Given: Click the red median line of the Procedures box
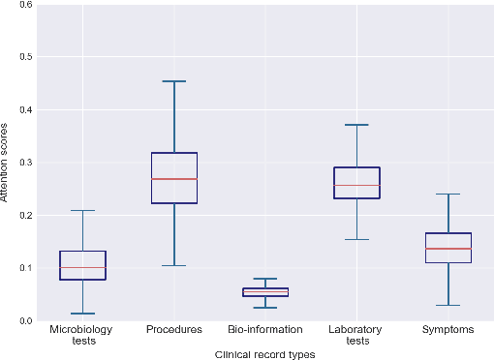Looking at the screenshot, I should click(x=174, y=179).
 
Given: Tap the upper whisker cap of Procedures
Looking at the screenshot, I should click(x=174, y=81).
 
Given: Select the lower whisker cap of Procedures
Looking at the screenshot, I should click(x=174, y=265).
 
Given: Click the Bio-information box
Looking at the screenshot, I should click(x=265, y=291).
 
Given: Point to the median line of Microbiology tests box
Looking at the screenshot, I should click(x=83, y=267).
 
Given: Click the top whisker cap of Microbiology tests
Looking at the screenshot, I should click(x=83, y=210).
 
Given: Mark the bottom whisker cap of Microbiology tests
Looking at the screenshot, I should click(x=83, y=314).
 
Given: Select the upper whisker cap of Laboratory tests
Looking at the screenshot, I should click(x=356, y=125).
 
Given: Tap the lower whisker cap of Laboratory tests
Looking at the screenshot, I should click(x=356, y=239).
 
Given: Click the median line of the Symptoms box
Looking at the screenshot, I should click(x=448, y=249).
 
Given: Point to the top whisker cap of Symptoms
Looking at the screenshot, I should click(x=448, y=194).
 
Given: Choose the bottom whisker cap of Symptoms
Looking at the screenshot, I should click(x=448, y=305).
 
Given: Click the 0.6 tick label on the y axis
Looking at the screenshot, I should click(x=26, y=5).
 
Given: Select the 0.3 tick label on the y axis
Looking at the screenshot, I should click(x=26, y=163).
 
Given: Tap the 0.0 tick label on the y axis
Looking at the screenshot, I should click(x=26, y=320).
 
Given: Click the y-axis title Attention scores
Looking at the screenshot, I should click(x=7, y=162).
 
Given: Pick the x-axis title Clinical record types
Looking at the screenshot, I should click(x=264, y=354).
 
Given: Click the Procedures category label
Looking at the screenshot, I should click(x=174, y=330).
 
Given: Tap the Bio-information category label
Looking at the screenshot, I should click(x=265, y=330).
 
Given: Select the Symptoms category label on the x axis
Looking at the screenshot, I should click(x=448, y=330).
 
